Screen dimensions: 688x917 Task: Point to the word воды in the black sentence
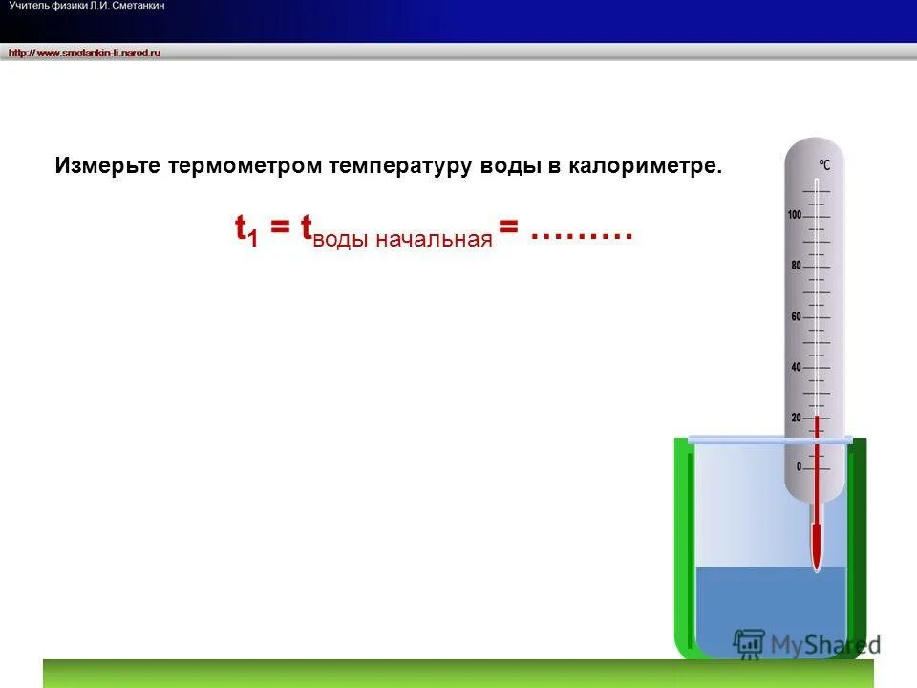point(509,166)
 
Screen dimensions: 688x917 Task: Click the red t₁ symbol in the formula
point(246,230)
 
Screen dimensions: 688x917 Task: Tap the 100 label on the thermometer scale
point(794,215)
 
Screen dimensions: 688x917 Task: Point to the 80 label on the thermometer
point(796,266)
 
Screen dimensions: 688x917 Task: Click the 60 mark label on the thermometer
point(796,316)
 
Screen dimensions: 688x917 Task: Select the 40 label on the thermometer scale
point(796,367)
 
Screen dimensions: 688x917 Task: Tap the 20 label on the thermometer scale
point(796,418)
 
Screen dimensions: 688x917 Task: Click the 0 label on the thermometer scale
point(799,467)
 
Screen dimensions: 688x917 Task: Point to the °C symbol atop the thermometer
point(823,165)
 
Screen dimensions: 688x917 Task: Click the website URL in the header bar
point(85,53)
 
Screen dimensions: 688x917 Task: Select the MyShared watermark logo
point(807,644)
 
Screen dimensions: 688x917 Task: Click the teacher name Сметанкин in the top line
point(139,7)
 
